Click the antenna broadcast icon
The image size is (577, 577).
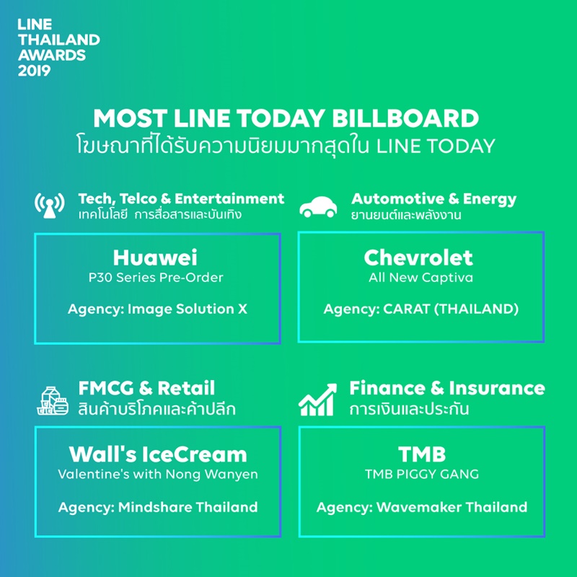coord(50,206)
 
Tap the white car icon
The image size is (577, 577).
coord(318,207)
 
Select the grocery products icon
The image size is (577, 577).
coord(53,401)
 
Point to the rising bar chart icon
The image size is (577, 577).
coord(317,400)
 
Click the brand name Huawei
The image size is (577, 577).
coord(155,257)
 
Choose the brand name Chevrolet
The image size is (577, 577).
coord(418,257)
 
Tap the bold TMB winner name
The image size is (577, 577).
coord(422,454)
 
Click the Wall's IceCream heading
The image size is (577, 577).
coord(158,454)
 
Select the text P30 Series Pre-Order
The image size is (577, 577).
coord(156,278)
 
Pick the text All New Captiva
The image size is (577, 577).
coord(420,278)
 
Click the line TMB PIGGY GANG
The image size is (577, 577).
coord(422,474)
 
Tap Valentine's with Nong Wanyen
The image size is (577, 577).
coord(158,474)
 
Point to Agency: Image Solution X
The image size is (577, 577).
coord(157,309)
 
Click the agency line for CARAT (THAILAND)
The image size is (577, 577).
coord(421,309)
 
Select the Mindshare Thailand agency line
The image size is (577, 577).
coord(158,507)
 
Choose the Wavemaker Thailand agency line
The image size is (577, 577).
coord(422,507)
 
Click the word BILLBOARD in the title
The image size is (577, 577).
coord(405,118)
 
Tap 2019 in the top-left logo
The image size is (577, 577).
coord(34,71)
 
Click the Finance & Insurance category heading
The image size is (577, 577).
coord(447,388)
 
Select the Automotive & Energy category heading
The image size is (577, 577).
coord(434,199)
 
